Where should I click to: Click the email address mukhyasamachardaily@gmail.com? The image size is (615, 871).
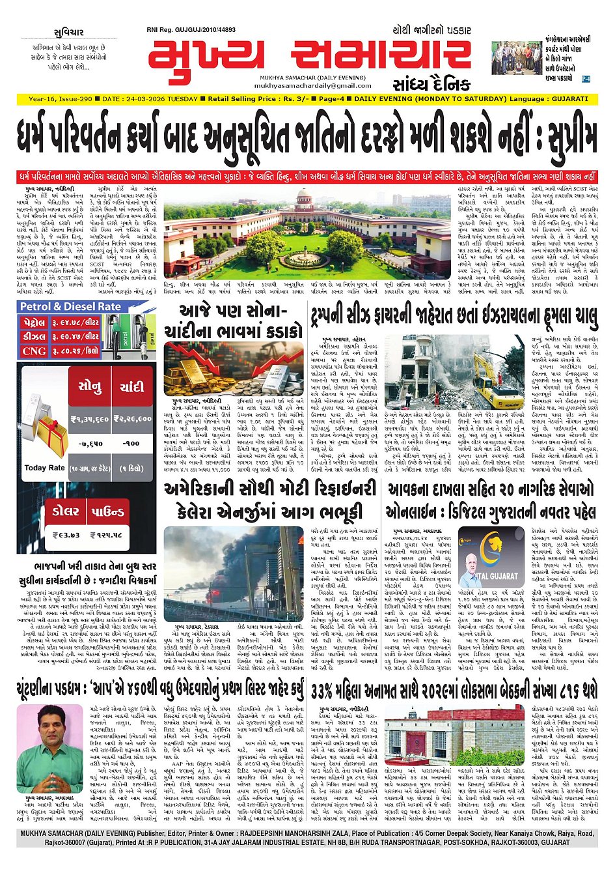click(x=312, y=85)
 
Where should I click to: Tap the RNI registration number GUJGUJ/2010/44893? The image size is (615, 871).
click(x=200, y=30)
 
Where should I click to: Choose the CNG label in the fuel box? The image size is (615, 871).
click(x=34, y=350)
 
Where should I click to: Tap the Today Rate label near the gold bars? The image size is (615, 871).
click(x=44, y=468)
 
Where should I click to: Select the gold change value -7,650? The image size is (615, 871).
click(x=90, y=443)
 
